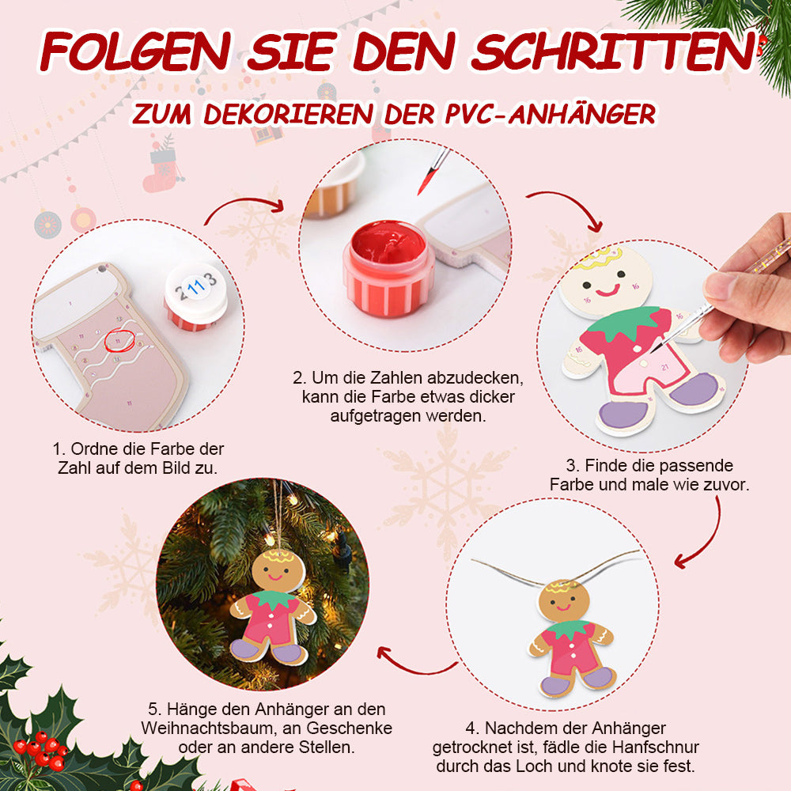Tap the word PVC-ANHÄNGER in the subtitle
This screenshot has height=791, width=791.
click(551, 114)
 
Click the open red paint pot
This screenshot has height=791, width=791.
click(388, 268)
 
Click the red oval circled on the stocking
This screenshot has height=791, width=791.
click(119, 340)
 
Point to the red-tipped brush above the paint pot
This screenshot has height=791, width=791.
click(433, 172)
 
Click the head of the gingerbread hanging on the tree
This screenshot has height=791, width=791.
click(278, 572)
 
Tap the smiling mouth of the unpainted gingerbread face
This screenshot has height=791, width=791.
click(607, 290)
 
